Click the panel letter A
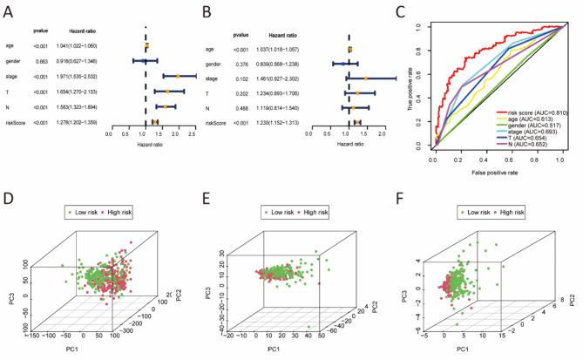point(10,11)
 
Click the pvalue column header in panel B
point(242,35)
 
